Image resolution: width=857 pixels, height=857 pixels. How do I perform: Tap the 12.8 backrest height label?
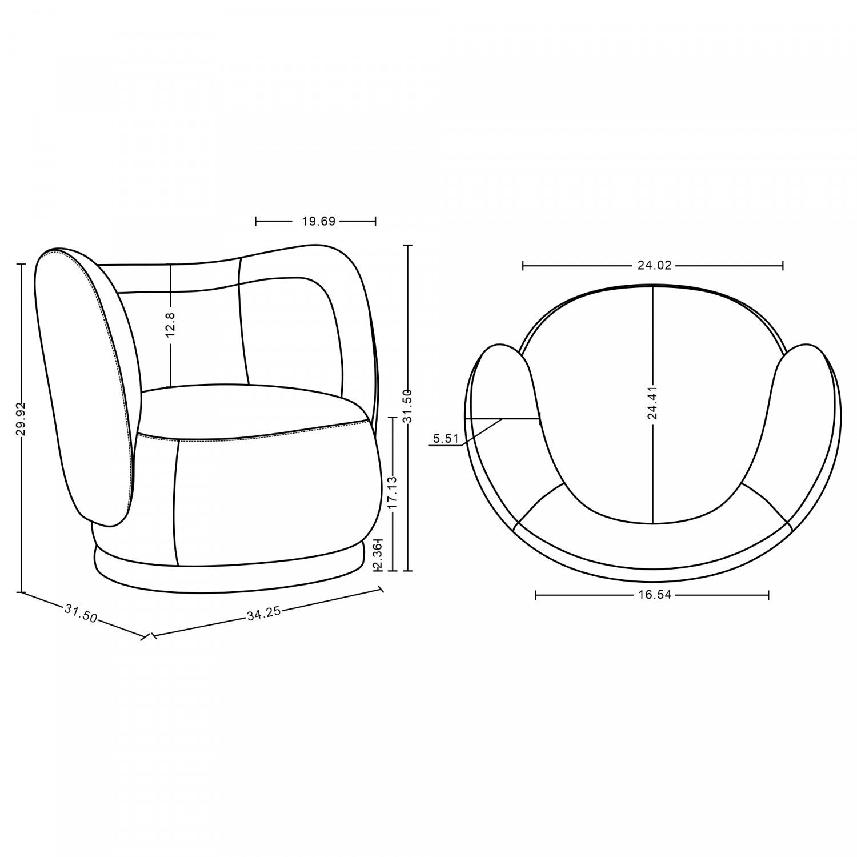pyautogui.click(x=171, y=324)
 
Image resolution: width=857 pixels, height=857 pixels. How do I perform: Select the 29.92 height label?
pyautogui.click(x=22, y=419)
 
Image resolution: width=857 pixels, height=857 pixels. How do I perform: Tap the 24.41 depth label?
pyautogui.click(x=652, y=403)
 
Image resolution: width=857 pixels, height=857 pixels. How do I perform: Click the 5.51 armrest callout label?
pyautogui.click(x=445, y=439)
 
